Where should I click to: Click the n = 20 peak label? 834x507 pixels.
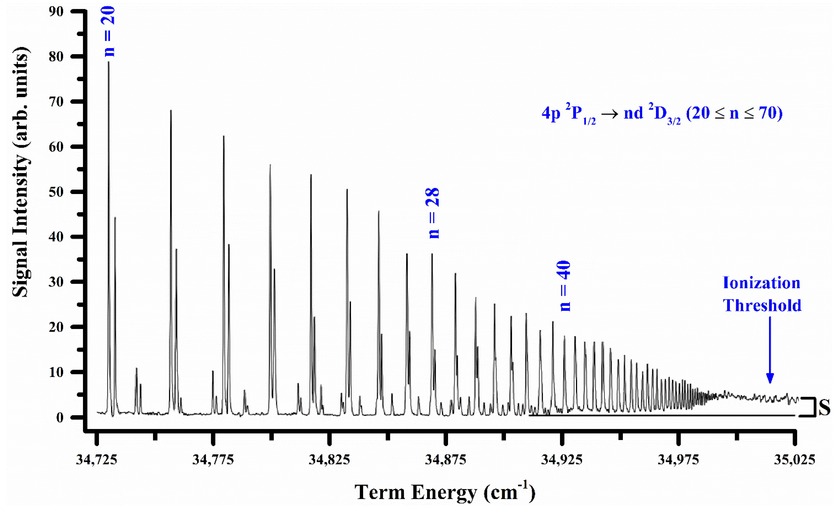point(109,32)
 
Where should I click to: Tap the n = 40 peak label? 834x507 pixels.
point(564,286)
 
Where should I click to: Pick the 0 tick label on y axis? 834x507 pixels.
point(60,418)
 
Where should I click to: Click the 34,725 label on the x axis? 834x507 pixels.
point(96,460)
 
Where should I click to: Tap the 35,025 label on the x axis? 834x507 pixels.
point(794,460)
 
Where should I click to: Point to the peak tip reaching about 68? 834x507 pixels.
point(171,111)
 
